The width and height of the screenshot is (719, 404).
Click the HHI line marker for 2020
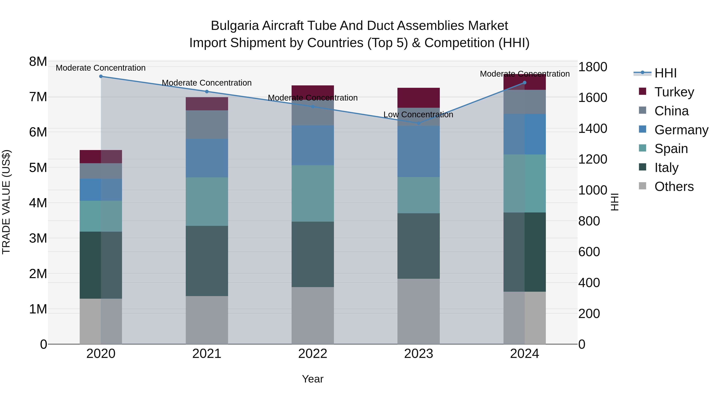click(x=101, y=76)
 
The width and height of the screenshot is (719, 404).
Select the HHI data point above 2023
click(x=418, y=123)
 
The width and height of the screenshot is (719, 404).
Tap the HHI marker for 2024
click(x=524, y=83)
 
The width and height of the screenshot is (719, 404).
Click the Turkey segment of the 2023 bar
click(x=418, y=98)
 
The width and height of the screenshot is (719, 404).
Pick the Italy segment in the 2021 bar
click(x=207, y=261)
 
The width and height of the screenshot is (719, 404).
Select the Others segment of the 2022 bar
click(x=313, y=315)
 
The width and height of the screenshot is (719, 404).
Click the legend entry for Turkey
click(x=674, y=92)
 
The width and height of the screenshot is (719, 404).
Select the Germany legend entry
click(x=681, y=130)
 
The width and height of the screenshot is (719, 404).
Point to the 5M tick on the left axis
click(x=38, y=168)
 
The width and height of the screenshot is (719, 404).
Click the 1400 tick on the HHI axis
click(x=592, y=128)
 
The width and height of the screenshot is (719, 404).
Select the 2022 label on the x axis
click(x=313, y=354)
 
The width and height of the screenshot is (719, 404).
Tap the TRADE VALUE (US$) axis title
click(x=6, y=202)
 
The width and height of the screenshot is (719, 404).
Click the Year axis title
click(x=313, y=379)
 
